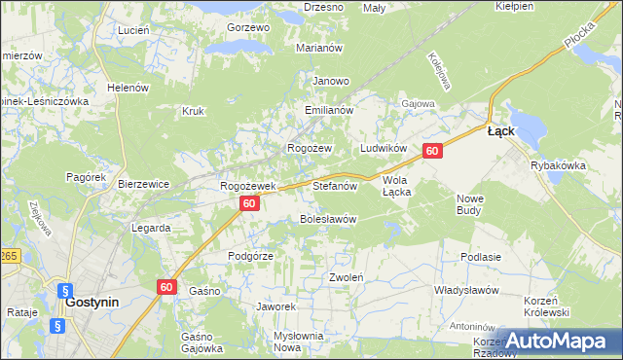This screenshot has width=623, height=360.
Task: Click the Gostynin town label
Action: pyautogui.click(x=92, y=302)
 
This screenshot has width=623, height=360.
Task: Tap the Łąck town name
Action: pyautogui.click(x=500, y=131)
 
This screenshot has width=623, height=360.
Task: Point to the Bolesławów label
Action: pyautogui.click(x=327, y=219)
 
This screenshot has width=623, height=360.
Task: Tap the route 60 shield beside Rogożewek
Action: pyautogui.click(x=249, y=203)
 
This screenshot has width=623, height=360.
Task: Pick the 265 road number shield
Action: pyautogui.click(x=8, y=255)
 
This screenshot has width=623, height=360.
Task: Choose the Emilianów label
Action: pyautogui.click(x=327, y=111)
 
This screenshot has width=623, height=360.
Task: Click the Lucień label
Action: pyautogui.click(x=132, y=30)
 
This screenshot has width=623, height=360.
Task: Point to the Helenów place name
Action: pyautogui.click(x=128, y=88)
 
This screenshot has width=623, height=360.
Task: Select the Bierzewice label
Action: pyautogui.click(x=143, y=183)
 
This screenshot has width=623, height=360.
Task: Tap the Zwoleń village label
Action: pyautogui.click(x=346, y=277)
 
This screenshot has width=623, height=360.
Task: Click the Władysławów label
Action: pyautogui.click(x=466, y=290)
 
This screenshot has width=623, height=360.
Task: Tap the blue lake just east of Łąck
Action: pyautogui.click(x=527, y=125)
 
